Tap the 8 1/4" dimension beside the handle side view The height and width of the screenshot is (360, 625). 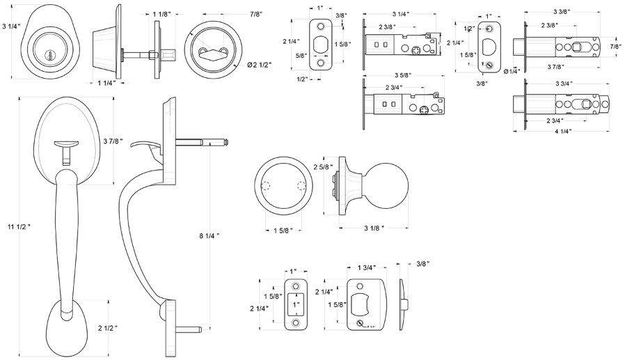[209, 236]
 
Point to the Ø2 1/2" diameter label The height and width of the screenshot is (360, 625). [260, 65]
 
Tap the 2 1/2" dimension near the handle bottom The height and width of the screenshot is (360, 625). [107, 327]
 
